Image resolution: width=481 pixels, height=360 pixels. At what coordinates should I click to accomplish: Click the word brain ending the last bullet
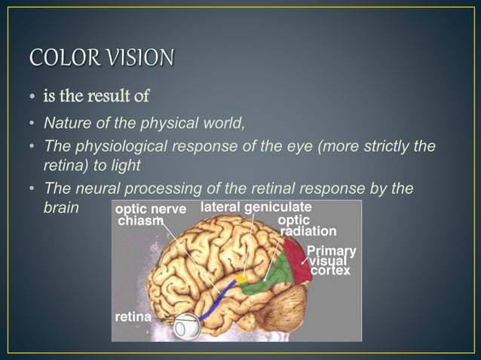(61, 206)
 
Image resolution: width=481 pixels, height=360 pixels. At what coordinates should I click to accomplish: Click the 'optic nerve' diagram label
(151, 209)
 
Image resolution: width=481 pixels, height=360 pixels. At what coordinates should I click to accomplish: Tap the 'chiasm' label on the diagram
(141, 221)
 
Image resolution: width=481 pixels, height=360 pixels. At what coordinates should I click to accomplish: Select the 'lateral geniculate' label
(257, 207)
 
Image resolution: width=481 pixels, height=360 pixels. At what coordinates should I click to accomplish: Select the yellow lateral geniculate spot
(241, 279)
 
